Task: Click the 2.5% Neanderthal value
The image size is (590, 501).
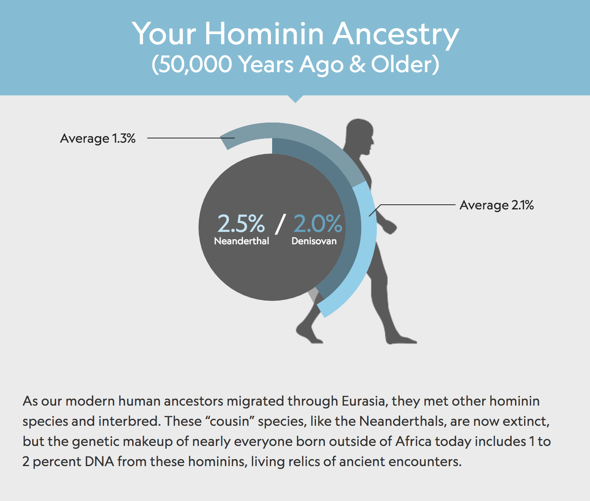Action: click(241, 223)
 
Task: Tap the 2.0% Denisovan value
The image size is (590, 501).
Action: click(318, 223)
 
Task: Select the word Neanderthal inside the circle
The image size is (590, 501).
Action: click(242, 241)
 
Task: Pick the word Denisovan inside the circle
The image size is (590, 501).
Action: click(314, 241)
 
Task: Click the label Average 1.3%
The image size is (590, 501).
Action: click(98, 138)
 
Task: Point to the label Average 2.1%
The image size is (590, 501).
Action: click(496, 205)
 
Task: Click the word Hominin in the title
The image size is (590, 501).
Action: click(264, 34)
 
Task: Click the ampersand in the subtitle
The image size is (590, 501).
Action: click(357, 64)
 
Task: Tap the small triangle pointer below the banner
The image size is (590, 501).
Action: click(295, 98)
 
